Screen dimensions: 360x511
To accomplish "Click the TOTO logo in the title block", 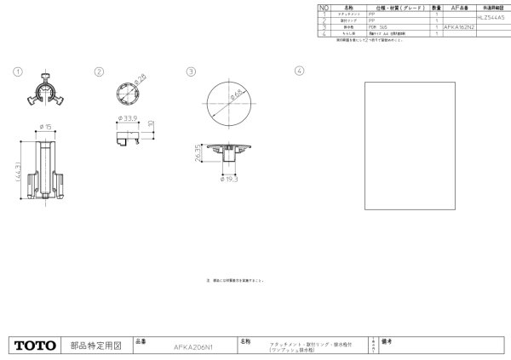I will [x=35, y=346].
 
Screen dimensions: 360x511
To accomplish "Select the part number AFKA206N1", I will [x=192, y=347].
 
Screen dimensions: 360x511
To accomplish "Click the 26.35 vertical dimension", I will [x=198, y=154].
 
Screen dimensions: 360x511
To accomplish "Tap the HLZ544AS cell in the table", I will [x=491, y=16].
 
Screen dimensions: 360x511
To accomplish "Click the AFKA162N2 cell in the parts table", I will [x=459, y=27].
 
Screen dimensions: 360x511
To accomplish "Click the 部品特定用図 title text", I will [x=95, y=346].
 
